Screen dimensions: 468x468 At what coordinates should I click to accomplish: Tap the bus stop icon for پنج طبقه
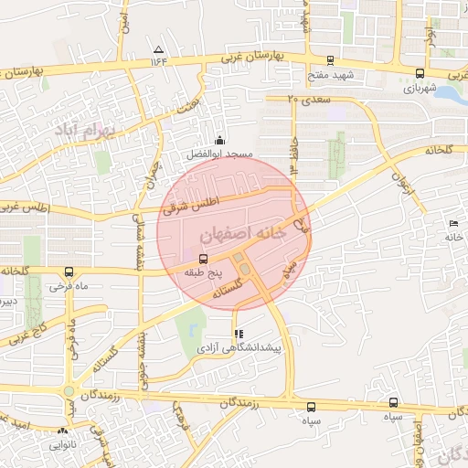(203, 259)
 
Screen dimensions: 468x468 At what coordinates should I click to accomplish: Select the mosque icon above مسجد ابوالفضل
(219, 141)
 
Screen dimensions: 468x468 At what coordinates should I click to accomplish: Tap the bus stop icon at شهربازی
(420, 74)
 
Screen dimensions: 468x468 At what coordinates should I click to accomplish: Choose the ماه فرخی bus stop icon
(69, 271)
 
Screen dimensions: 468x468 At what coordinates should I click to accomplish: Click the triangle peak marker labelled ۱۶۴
(159, 49)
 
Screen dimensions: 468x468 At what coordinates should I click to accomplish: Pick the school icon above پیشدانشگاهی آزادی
(239, 335)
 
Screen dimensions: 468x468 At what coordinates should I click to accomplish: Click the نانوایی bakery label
(63, 445)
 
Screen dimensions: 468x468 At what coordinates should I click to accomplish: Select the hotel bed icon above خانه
(454, 224)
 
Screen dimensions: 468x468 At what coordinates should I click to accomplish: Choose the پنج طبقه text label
(202, 273)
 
